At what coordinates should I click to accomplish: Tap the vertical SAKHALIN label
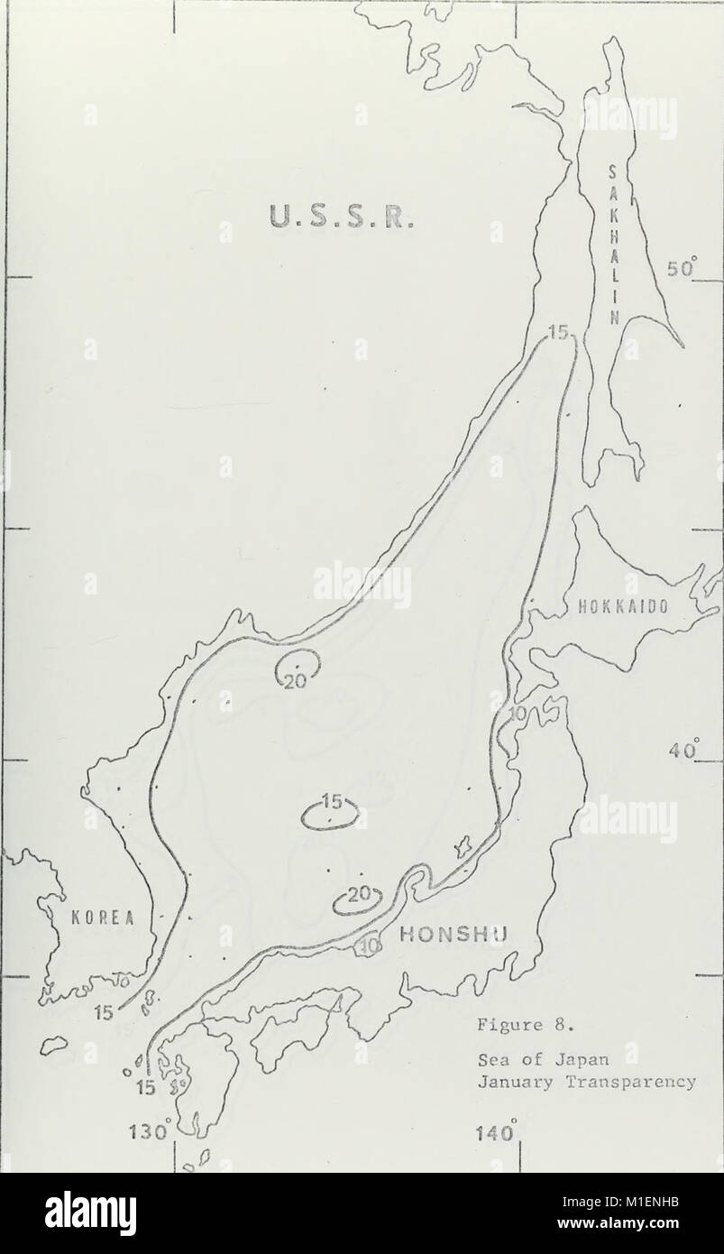pyautogui.click(x=613, y=244)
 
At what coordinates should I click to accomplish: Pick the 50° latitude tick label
pyautogui.click(x=683, y=269)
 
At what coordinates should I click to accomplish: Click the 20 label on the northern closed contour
pyautogui.click(x=296, y=681)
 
